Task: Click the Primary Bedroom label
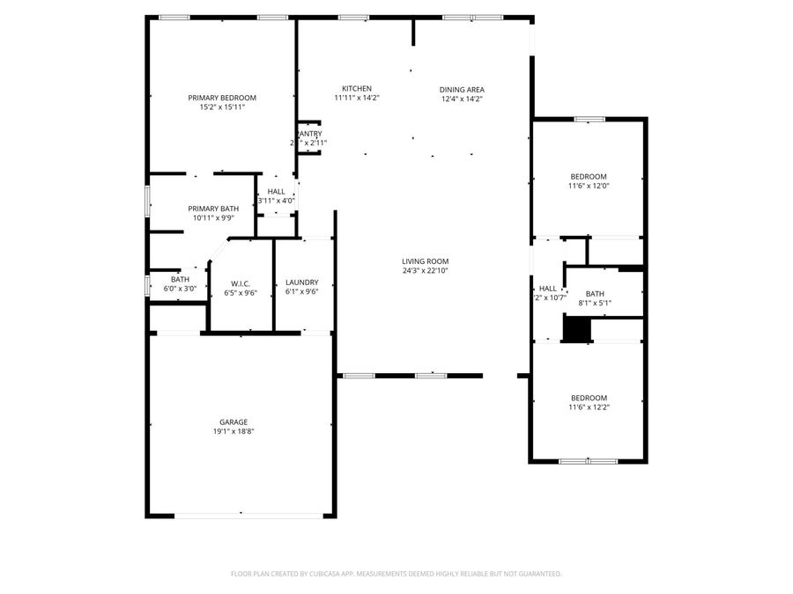(x=222, y=98)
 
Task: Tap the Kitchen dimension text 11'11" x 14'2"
(x=357, y=99)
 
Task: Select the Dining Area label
(x=463, y=89)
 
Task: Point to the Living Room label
(x=426, y=261)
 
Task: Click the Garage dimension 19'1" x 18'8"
(x=233, y=432)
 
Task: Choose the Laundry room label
(x=302, y=282)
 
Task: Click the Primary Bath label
(x=213, y=208)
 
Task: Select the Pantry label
(x=309, y=134)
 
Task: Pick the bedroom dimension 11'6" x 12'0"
(x=588, y=186)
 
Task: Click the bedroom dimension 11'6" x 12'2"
(x=588, y=407)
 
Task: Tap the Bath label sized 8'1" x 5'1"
(x=596, y=294)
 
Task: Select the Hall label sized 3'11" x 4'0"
(x=276, y=191)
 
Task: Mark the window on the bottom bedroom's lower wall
(x=588, y=460)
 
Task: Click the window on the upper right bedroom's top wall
(x=588, y=119)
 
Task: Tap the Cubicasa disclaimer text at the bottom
(x=396, y=574)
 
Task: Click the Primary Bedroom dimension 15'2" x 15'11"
(x=222, y=107)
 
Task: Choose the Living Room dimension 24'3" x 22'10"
(x=426, y=271)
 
